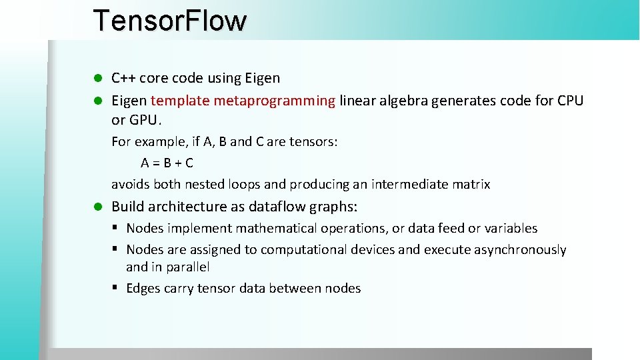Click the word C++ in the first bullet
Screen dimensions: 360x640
tap(123, 78)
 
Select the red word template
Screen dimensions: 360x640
tap(177, 101)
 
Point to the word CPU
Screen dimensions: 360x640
tap(569, 101)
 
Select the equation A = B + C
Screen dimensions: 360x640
tap(167, 163)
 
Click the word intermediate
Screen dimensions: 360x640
tap(409, 184)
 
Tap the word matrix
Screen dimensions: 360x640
tap(471, 184)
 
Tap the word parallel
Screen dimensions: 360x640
tap(187, 267)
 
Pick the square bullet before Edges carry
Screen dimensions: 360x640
tap(115, 288)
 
